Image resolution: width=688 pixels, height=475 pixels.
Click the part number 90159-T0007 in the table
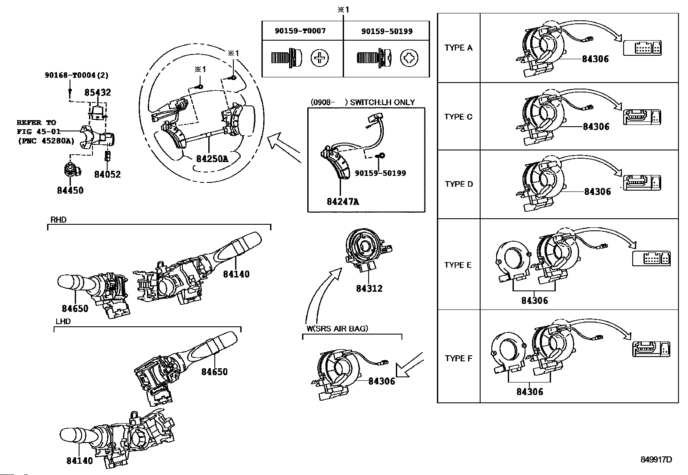300,31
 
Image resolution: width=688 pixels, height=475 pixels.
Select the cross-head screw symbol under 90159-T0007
319,58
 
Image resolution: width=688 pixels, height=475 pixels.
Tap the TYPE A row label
458,48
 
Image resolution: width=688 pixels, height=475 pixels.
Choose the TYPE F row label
458,358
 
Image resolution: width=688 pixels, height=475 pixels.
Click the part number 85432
98,92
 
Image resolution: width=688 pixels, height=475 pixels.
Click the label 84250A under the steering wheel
212,159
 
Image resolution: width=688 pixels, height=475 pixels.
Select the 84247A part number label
343,201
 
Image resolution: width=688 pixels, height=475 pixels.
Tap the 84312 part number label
369,288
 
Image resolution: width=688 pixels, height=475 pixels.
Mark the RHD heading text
58,220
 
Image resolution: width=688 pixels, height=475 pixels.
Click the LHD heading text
63,322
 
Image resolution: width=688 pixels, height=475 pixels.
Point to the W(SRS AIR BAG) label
337,328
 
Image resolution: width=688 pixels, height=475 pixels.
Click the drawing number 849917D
656,459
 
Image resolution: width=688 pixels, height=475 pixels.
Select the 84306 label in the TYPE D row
597,191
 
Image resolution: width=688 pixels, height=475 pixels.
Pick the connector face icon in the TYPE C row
642,117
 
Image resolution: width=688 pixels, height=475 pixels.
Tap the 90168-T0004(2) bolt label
76,75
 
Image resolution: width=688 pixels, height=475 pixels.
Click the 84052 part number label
108,174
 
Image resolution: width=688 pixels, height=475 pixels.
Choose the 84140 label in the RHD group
236,274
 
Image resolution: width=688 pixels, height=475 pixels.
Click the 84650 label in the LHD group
214,371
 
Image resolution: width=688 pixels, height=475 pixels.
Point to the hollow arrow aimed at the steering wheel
284,147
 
